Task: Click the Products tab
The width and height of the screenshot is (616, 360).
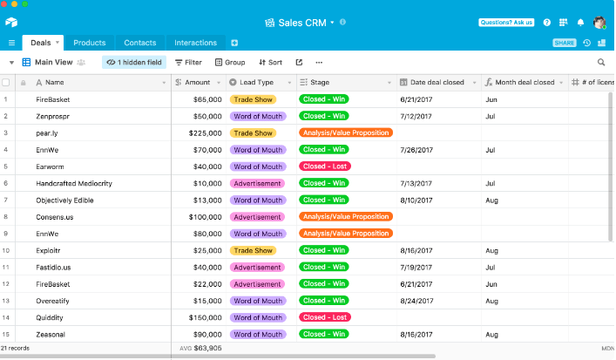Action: click(x=89, y=43)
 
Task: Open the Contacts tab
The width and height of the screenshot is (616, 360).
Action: click(x=140, y=43)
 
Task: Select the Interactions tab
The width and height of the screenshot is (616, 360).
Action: click(x=195, y=43)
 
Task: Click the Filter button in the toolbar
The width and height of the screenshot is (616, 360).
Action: click(x=188, y=63)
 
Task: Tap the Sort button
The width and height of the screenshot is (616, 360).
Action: click(x=270, y=63)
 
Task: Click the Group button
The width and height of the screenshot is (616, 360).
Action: click(x=230, y=63)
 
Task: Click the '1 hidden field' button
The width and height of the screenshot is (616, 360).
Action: click(x=134, y=63)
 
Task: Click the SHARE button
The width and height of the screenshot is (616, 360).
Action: click(x=565, y=43)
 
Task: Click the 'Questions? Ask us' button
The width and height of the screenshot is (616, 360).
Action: click(x=506, y=23)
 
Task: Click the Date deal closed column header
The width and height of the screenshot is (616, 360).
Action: click(x=438, y=83)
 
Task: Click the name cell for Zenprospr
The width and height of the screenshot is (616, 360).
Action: click(x=55, y=116)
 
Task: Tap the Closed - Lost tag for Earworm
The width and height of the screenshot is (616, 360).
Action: click(x=325, y=166)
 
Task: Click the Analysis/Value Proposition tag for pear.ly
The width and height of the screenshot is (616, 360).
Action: click(x=345, y=133)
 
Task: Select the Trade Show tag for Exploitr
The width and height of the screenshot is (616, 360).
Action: click(x=253, y=250)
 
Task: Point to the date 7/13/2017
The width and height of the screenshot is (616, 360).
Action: click(x=415, y=183)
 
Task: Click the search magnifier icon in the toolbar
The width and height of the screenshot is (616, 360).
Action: click(x=601, y=63)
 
